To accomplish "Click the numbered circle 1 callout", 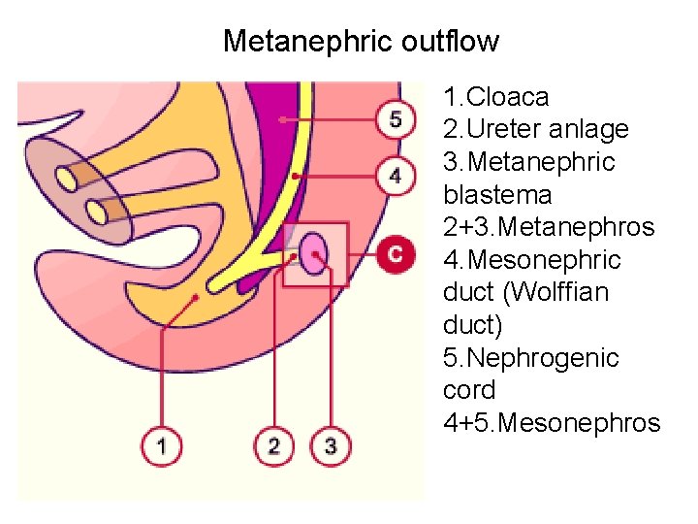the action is click(x=161, y=446).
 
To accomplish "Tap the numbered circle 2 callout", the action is click(x=273, y=446).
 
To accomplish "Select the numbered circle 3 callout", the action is click(x=330, y=446).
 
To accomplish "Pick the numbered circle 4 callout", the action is click(x=394, y=177).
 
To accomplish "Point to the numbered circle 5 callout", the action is click(x=394, y=119).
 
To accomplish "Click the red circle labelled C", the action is click(x=394, y=254).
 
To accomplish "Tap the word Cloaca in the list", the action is click(x=508, y=97).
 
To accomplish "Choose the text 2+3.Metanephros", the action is click(x=549, y=228).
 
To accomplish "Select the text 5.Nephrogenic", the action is click(x=530, y=358).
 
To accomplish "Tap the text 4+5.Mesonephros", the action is click(x=552, y=423).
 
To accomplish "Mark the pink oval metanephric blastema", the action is click(x=314, y=254).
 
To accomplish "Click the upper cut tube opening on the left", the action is click(x=69, y=178).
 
